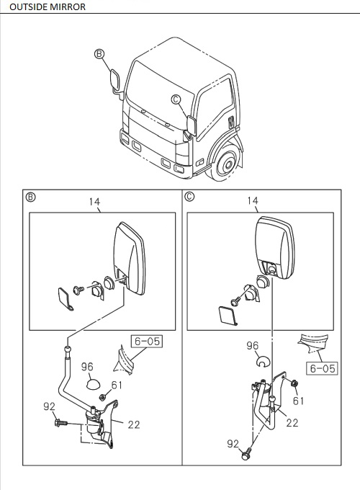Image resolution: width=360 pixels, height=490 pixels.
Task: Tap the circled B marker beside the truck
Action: coord(99,53)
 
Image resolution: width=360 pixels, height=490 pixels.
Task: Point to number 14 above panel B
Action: coord(95,202)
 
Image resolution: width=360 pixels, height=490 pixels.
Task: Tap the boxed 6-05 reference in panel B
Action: coord(145,339)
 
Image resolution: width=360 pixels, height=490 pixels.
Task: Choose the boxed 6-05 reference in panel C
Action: coord(322,368)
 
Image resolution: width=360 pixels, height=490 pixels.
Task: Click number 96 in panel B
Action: coord(88,367)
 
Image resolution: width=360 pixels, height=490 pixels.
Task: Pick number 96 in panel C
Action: coord(252,345)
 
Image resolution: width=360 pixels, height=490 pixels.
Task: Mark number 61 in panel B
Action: coord(117,386)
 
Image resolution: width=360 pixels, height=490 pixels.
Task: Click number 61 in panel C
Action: coord(297,401)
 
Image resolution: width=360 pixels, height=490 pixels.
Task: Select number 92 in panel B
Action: coord(49,406)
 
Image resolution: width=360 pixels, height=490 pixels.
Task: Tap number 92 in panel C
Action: coord(233,445)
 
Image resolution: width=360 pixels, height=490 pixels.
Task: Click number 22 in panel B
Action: coord(133,424)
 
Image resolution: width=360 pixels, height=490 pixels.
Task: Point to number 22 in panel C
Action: coord(292,423)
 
